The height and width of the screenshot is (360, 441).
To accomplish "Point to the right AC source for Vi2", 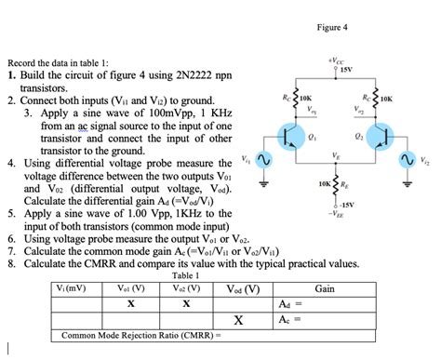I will (407, 161).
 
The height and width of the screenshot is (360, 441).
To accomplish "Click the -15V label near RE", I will (346, 205).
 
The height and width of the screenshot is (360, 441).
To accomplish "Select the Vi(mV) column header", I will (71, 288).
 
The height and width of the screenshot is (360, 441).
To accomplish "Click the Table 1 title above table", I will (187, 276).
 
